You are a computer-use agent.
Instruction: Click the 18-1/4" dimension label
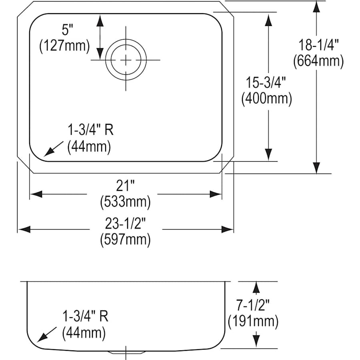point(318,44)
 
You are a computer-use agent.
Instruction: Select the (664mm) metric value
point(318,61)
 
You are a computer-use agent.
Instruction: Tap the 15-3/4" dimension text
point(266,83)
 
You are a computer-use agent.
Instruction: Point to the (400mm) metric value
point(266,98)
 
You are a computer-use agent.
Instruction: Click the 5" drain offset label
point(64,30)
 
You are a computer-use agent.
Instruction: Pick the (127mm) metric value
point(64,46)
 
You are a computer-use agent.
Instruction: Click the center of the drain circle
point(126,60)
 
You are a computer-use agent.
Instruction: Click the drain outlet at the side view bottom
point(126,352)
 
